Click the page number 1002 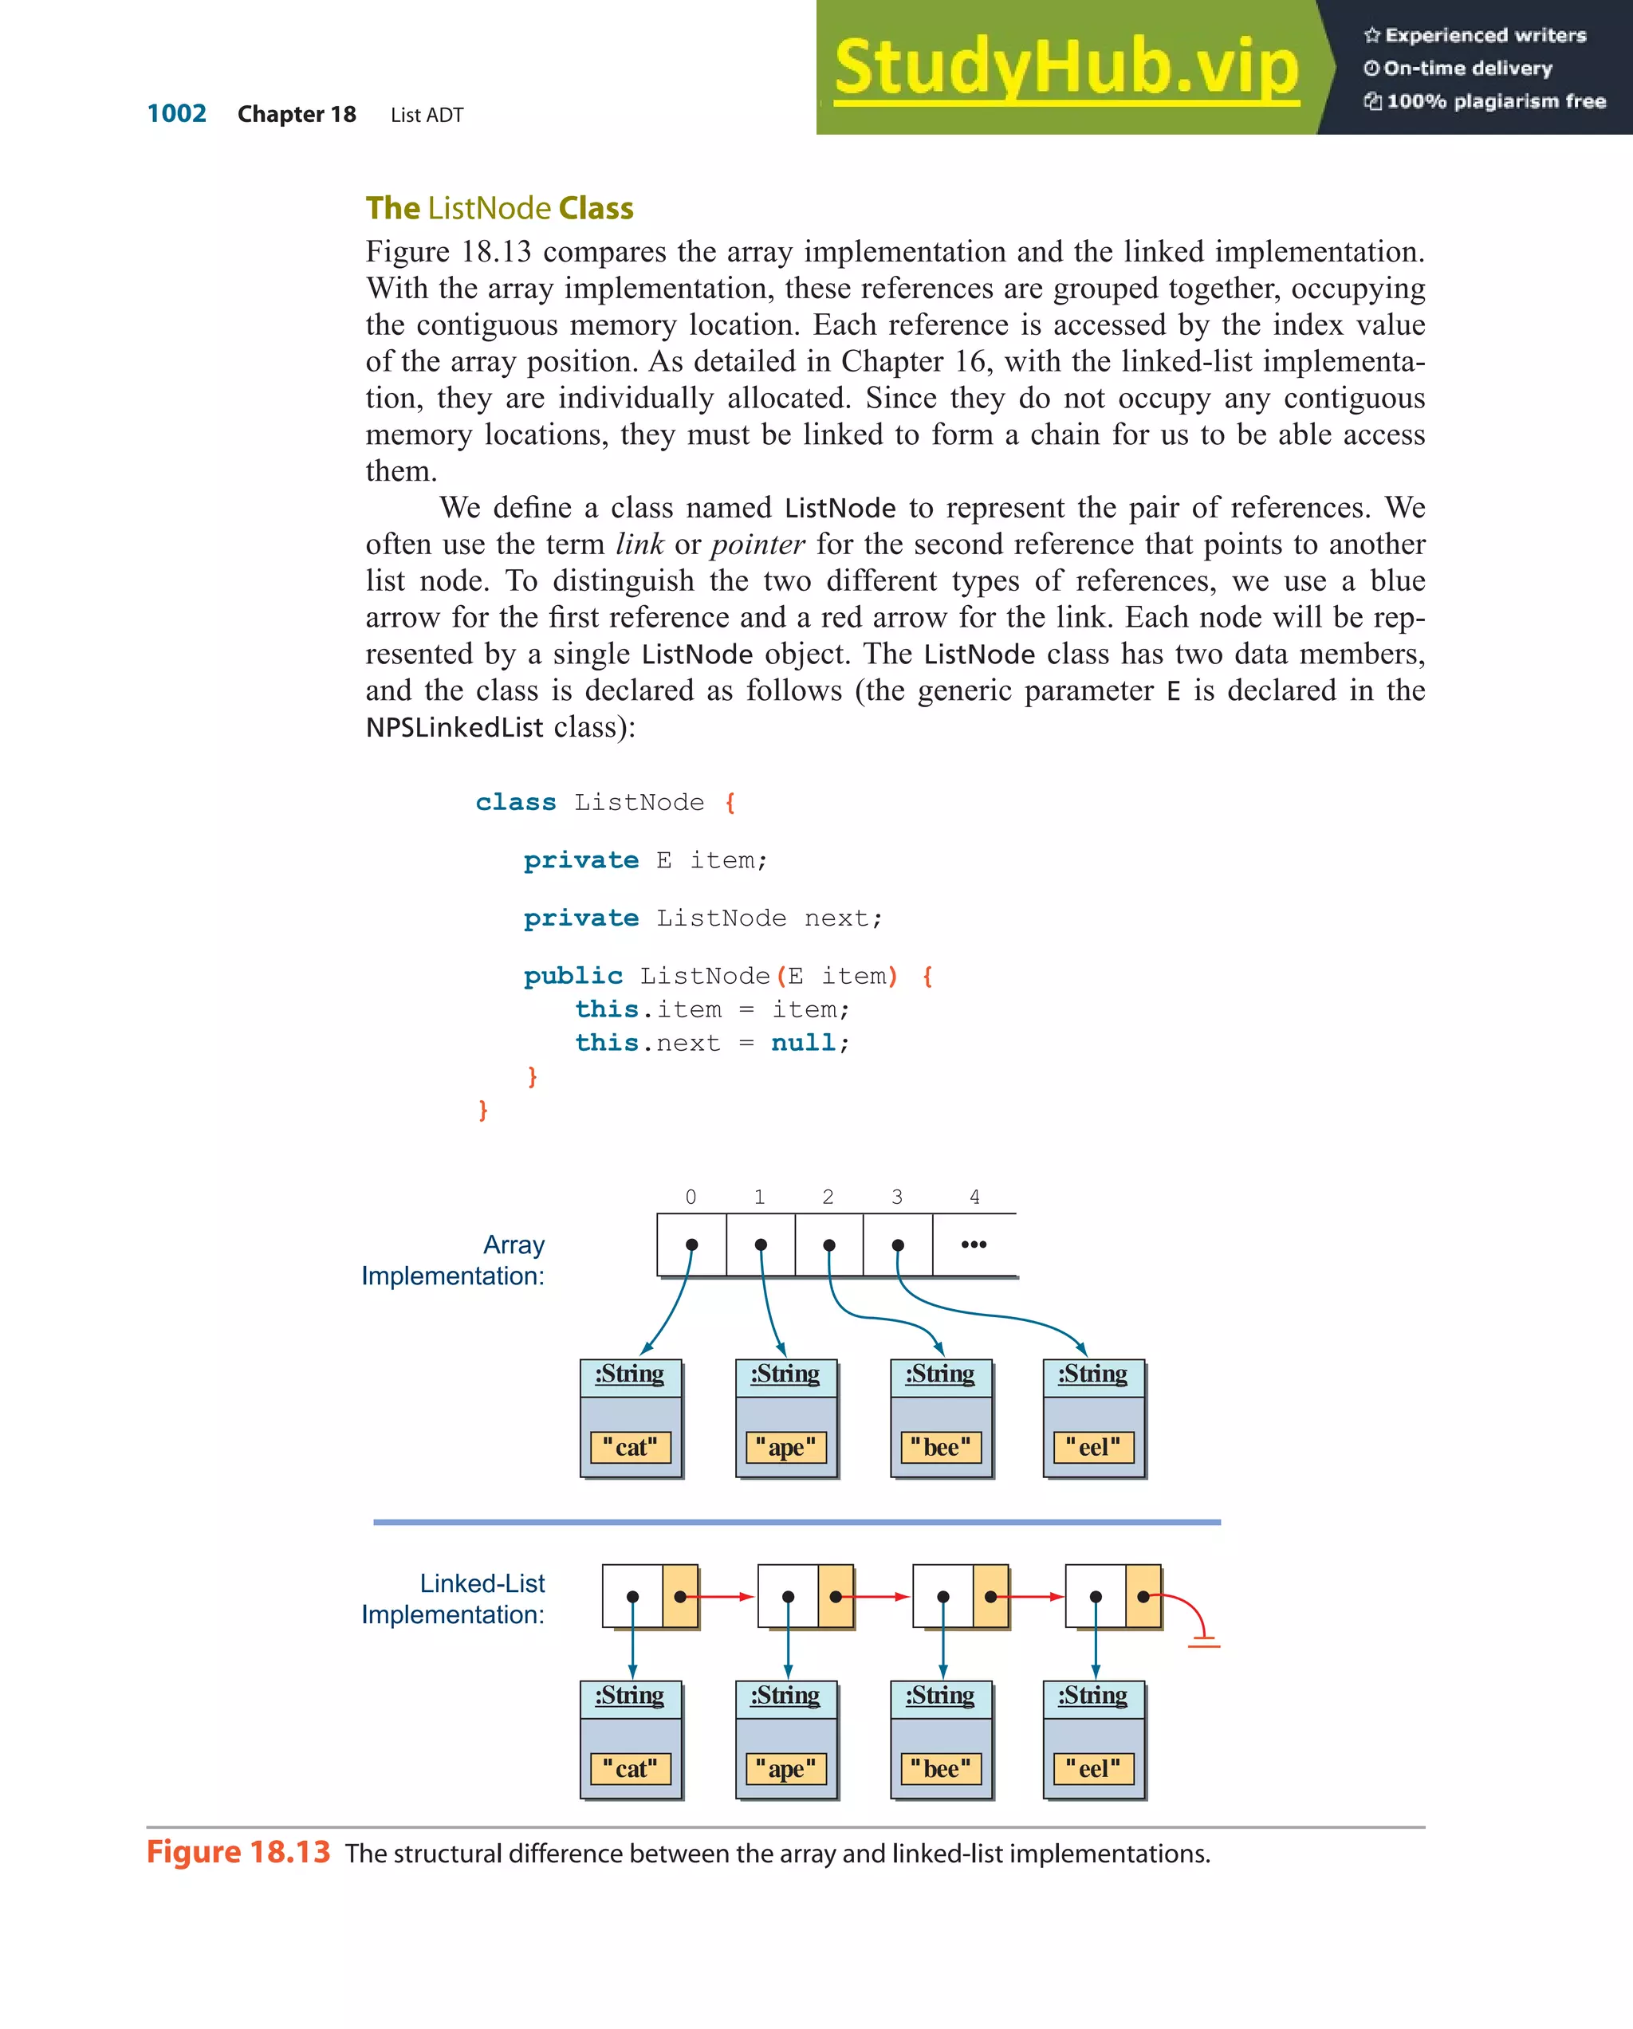(x=176, y=114)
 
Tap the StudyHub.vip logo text (x=1065, y=68)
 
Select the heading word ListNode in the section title (x=489, y=208)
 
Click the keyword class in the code (x=515, y=803)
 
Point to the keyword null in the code (x=803, y=1043)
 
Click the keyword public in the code (x=573, y=976)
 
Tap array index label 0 (x=691, y=1197)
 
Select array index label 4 (x=974, y=1197)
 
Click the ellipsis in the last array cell (x=974, y=1245)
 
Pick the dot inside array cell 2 (x=828, y=1245)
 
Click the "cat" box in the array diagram (x=630, y=1446)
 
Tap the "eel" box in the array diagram (x=1092, y=1446)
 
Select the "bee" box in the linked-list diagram (x=940, y=1768)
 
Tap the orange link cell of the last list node (x=1143, y=1596)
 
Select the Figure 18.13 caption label (x=238, y=1852)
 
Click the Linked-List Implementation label (x=454, y=1599)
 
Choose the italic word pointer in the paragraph (x=757, y=544)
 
